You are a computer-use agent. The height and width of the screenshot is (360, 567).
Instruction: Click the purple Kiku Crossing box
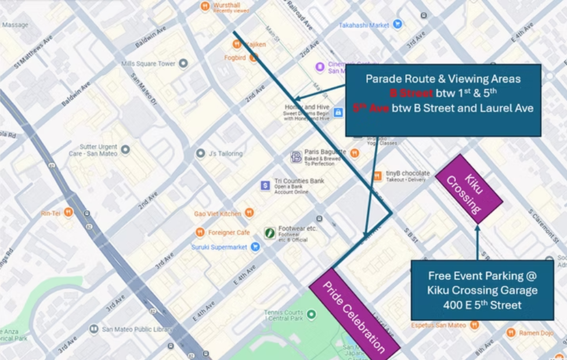468,189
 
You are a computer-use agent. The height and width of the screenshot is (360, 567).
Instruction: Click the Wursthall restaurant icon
204,6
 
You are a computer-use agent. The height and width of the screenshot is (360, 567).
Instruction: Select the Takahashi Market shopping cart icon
397,24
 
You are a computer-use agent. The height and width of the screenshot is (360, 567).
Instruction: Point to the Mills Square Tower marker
183,63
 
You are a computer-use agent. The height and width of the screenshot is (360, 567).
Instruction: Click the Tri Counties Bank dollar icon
265,185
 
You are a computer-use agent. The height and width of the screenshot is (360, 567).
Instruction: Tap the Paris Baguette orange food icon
355,153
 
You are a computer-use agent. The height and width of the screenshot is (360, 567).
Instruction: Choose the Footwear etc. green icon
270,232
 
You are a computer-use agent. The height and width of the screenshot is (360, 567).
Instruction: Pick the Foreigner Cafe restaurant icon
200,232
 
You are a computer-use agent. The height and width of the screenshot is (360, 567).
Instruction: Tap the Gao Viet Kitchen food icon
250,213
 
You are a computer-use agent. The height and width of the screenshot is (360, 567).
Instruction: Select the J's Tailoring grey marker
200,153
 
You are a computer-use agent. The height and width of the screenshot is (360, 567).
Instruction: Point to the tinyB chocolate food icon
378,175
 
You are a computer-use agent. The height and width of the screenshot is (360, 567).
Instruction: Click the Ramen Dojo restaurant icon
511,333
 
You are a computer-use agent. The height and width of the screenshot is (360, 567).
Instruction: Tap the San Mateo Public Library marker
93,329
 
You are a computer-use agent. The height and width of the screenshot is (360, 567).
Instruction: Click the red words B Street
411,93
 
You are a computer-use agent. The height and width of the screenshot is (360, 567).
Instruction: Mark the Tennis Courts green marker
312,314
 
